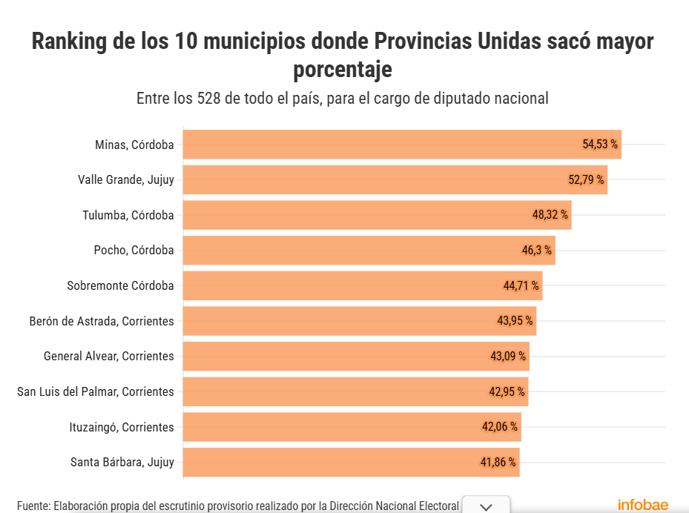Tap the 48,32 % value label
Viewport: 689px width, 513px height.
(550, 215)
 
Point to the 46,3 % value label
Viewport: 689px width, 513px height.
(537, 251)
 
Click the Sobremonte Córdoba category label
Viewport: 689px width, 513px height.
(120, 285)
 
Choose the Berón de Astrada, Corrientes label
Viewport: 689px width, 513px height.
(102, 321)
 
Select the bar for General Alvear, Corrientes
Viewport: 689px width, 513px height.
(356, 356)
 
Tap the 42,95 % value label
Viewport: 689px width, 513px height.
(507, 391)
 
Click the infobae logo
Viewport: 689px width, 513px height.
(643, 505)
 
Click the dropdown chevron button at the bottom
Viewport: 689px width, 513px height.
(486, 506)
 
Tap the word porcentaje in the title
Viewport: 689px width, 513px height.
(343, 70)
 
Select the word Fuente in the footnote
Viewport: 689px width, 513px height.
(33, 506)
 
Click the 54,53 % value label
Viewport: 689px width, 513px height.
(600, 144)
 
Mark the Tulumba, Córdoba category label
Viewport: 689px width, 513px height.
(128, 215)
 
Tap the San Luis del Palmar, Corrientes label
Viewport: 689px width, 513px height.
(96, 391)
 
